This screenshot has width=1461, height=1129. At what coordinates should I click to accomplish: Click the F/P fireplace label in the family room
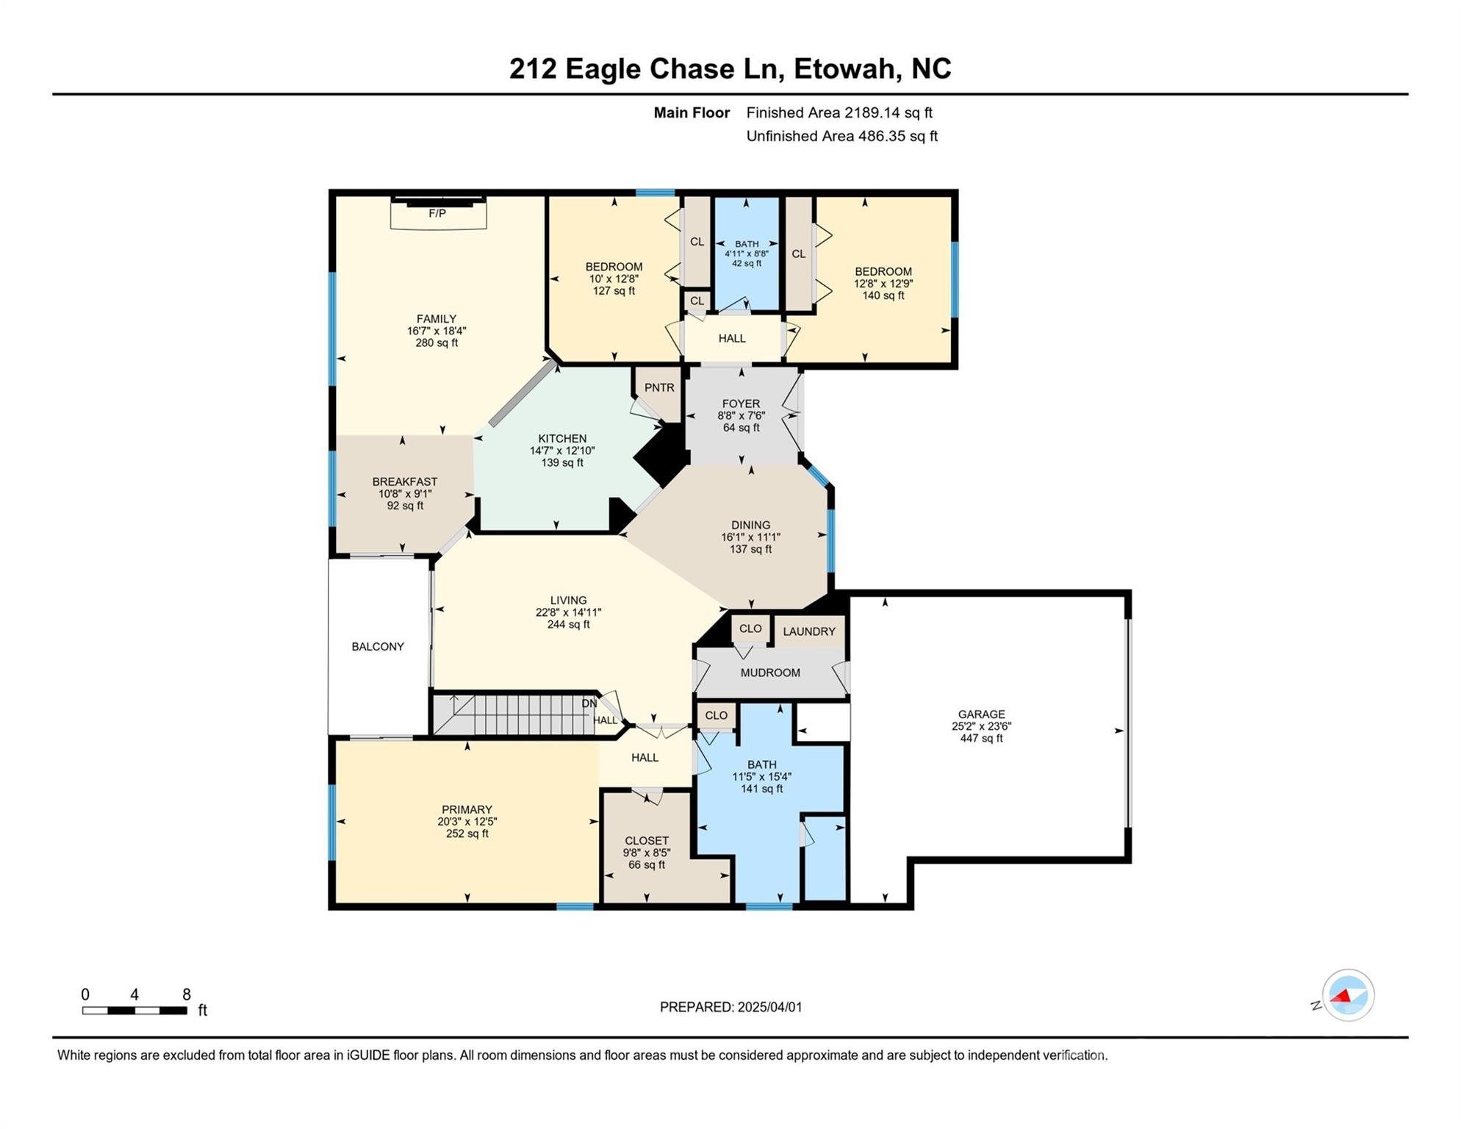click(437, 214)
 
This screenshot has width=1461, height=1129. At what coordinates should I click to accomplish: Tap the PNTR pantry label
click(659, 388)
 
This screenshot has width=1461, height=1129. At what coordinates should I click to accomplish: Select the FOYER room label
click(741, 404)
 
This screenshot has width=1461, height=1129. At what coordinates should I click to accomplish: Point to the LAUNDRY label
click(809, 631)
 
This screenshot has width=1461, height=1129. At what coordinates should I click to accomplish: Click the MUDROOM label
click(770, 673)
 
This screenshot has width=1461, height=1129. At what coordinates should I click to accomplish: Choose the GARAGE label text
click(981, 714)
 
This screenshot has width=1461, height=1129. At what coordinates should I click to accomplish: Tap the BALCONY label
click(378, 647)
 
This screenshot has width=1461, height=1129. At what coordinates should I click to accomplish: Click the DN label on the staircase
click(589, 703)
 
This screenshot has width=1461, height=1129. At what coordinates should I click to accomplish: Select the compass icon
click(1348, 996)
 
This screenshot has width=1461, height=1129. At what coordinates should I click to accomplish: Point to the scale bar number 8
click(187, 995)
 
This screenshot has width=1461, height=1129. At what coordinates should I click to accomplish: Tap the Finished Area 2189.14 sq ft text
click(839, 112)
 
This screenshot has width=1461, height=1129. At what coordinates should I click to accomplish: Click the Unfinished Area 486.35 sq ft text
click(841, 136)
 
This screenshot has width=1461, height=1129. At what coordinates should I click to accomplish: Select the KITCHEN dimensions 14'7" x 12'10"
click(562, 451)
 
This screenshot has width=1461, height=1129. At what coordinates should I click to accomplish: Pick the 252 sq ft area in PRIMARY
click(467, 834)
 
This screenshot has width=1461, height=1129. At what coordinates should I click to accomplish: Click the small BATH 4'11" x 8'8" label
click(747, 253)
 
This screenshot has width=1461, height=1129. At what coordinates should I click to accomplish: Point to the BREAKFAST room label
click(405, 482)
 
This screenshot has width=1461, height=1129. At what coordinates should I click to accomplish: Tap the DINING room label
click(750, 525)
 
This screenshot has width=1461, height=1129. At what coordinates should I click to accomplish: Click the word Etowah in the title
click(847, 68)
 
